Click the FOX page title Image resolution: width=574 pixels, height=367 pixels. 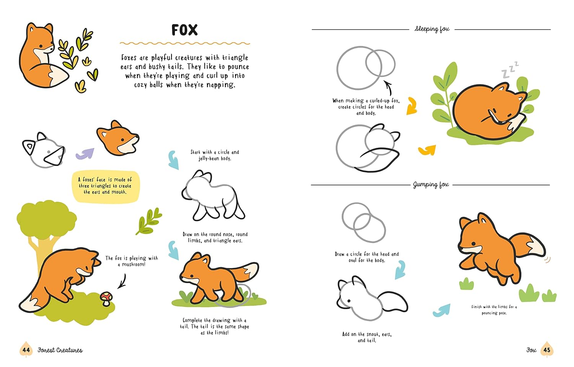pyautogui.click(x=184, y=30)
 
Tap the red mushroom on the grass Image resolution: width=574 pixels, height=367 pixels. pyautogui.click(x=106, y=298)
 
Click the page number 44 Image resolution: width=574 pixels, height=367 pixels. pyautogui.click(x=26, y=350)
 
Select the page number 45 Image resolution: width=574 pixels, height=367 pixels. pyautogui.click(x=547, y=350)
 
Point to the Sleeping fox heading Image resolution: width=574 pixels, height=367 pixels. pyautogui.click(x=432, y=29)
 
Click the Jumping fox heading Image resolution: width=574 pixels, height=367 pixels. pyautogui.click(x=431, y=185)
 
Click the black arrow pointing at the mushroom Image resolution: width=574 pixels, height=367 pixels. pyautogui.click(x=123, y=281)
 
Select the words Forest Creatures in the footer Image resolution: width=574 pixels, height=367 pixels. pyautogui.click(x=60, y=350)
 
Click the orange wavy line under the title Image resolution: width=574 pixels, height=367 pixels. pyautogui.click(x=185, y=43)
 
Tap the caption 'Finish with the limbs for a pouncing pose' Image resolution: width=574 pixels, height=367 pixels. pyautogui.click(x=494, y=310)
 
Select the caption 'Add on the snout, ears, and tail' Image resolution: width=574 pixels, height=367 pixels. pyautogui.click(x=367, y=337)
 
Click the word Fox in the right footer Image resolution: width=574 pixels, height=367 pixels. pyautogui.click(x=531, y=350)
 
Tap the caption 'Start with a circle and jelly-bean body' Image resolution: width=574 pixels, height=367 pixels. pyautogui.click(x=215, y=155)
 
